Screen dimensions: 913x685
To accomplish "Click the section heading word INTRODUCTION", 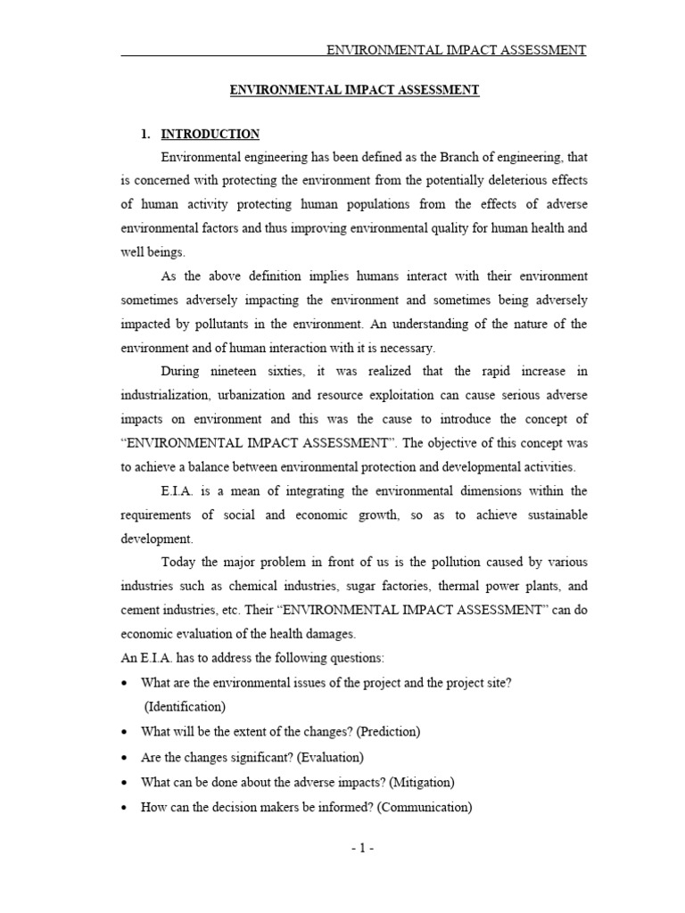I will (210, 135).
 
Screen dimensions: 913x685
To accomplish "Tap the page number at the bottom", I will (361, 848).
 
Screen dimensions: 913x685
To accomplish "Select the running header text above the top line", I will (456, 50).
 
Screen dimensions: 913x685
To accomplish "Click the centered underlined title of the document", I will (355, 90).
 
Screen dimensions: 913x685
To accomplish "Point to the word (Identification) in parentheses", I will (185, 707).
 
